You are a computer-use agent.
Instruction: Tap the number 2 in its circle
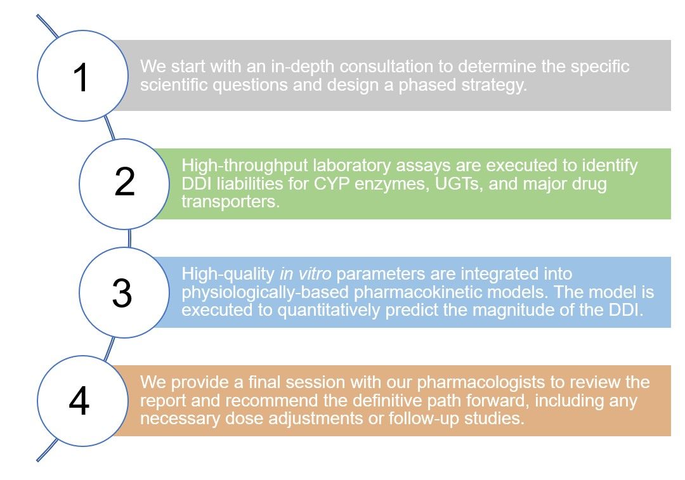pyautogui.click(x=125, y=183)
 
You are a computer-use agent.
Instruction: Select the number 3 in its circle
pyautogui.click(x=122, y=292)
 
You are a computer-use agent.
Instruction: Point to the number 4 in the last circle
pyautogui.click(x=79, y=401)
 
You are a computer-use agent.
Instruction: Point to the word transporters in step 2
pyautogui.click(x=230, y=202)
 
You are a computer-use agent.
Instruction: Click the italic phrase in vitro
pyautogui.click(x=301, y=275)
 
